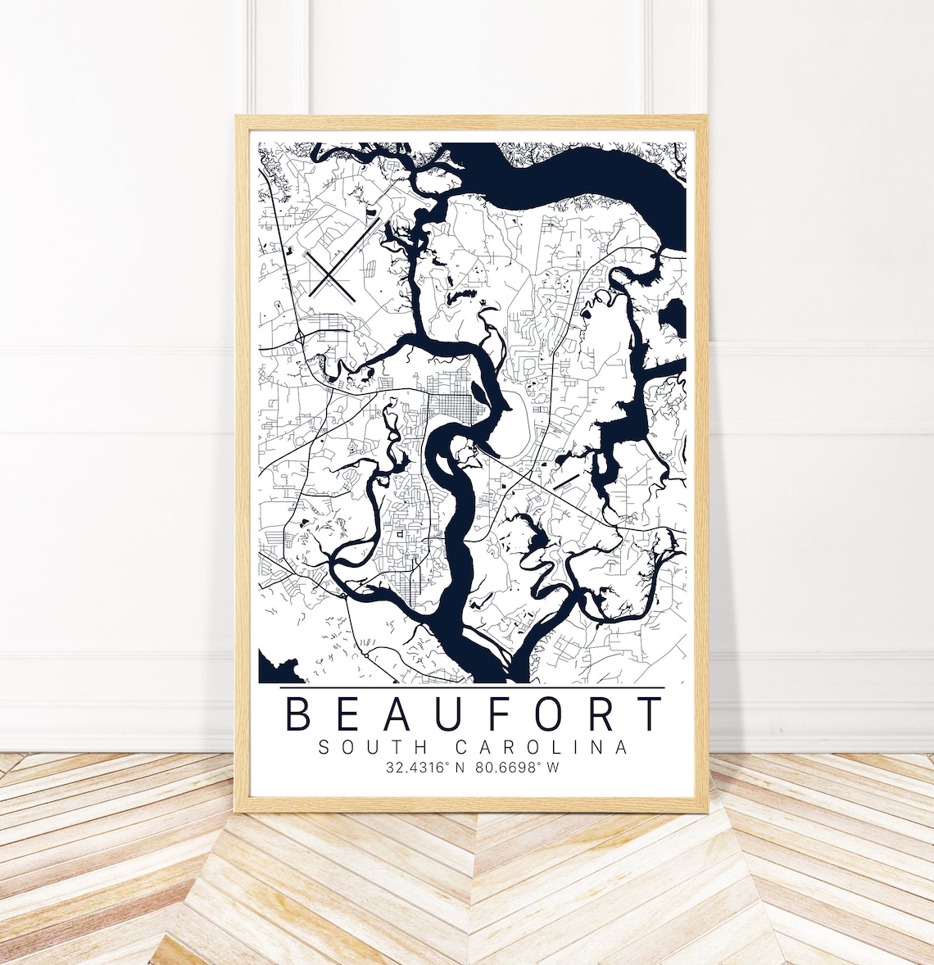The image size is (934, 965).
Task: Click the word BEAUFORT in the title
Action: [x=472, y=714]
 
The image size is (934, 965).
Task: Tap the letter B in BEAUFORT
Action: [x=298, y=714]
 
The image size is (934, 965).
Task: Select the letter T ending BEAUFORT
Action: [x=650, y=714]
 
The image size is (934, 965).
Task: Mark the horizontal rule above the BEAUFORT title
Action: [x=472, y=687]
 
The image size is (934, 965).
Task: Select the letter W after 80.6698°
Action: [x=554, y=768]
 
